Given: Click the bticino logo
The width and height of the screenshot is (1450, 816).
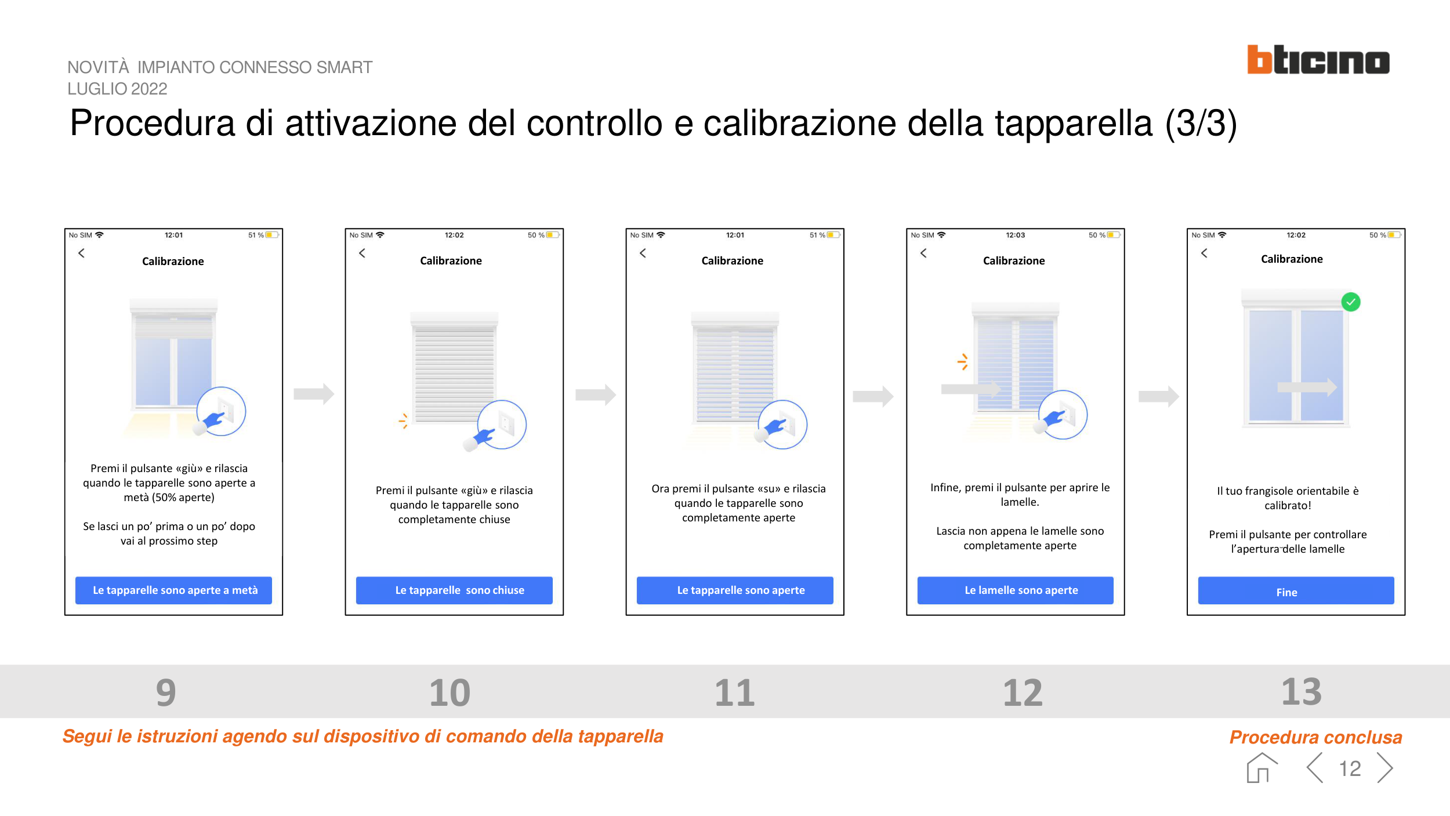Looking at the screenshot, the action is coord(1318,60).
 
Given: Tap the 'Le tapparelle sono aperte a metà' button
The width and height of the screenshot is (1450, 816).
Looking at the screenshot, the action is coord(173,590).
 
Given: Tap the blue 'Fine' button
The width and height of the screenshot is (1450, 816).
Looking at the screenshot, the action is coord(1296,590).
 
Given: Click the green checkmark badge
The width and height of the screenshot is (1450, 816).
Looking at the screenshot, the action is coord(1351,302).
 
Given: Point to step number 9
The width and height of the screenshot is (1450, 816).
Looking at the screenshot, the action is coord(166,692).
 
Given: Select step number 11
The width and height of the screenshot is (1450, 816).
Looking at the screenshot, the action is coord(734,692).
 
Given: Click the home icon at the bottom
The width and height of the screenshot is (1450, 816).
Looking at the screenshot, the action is coord(1261,768).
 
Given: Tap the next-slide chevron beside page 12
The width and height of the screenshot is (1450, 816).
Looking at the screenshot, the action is coord(1385,768).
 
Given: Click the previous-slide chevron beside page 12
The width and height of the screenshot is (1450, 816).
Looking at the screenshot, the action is coord(1315,768).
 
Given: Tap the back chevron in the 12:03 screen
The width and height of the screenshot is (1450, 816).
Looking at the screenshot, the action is coord(923,253).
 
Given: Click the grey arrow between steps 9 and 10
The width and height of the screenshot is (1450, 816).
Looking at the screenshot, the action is coord(314,394).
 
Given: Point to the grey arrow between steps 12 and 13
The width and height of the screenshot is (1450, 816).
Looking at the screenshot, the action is coord(1158,397).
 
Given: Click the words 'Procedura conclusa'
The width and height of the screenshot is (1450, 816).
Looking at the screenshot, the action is coord(1315,737).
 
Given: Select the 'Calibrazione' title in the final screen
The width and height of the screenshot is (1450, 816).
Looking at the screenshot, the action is coord(1292,259).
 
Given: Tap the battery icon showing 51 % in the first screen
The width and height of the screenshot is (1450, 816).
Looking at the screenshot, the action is coord(272,235).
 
